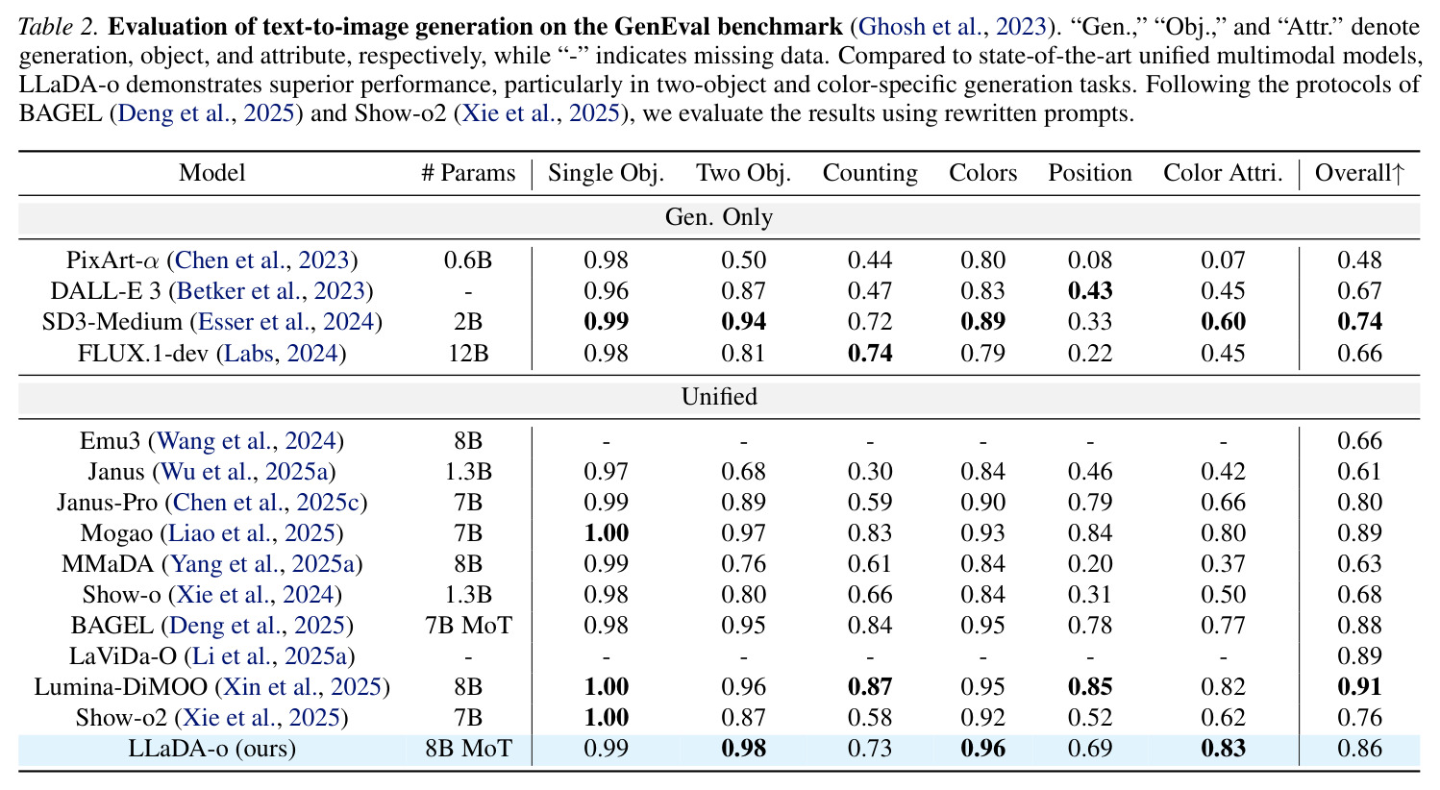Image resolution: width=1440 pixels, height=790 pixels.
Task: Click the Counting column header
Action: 870,173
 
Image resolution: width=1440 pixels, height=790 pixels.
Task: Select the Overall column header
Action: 1359,173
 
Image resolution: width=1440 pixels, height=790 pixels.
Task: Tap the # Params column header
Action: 468,173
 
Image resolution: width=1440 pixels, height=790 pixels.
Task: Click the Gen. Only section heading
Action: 719,217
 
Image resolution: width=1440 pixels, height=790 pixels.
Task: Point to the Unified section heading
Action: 719,397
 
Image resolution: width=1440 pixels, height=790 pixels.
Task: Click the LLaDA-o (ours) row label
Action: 212,749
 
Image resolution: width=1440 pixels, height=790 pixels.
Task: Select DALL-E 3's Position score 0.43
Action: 1090,290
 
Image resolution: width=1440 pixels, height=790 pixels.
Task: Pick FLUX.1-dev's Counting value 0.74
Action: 870,353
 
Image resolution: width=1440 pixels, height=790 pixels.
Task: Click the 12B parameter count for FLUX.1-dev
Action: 468,353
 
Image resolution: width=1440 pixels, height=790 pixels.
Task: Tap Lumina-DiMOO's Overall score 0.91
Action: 1359,686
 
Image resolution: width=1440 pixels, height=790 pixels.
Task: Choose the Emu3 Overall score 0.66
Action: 1359,440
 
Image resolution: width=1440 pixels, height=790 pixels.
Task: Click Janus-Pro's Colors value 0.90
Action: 983,502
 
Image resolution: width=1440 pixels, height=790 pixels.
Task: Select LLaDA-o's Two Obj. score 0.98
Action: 743,749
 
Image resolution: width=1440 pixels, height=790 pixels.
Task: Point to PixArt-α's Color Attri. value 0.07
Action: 1223,259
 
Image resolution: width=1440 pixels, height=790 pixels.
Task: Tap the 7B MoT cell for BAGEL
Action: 468,625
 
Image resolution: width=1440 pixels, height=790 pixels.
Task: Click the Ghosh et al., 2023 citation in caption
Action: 953,27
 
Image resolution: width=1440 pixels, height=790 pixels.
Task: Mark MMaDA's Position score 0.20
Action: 1090,564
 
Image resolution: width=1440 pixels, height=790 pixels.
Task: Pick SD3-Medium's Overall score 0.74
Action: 1359,321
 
